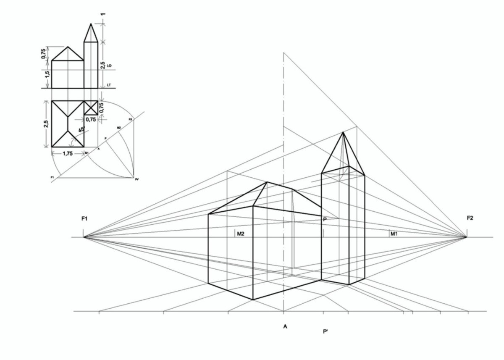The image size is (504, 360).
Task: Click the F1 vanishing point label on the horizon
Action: (84, 219)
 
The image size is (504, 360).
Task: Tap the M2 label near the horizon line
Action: (241, 234)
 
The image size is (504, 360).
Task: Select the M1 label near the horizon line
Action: (394, 234)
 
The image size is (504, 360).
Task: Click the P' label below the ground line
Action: (325, 332)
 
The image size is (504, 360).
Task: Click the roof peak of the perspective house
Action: (267, 182)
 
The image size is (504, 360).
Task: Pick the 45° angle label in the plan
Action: (81, 131)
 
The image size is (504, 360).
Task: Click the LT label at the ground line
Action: (109, 85)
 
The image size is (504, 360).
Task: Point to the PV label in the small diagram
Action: (137, 179)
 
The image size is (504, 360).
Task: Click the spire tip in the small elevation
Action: (91, 24)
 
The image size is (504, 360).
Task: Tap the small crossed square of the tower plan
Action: (91, 108)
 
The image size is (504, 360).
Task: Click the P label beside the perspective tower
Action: (325, 219)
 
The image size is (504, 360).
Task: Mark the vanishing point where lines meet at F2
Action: (467, 237)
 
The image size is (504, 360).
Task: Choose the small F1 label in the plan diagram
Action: (52, 178)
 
